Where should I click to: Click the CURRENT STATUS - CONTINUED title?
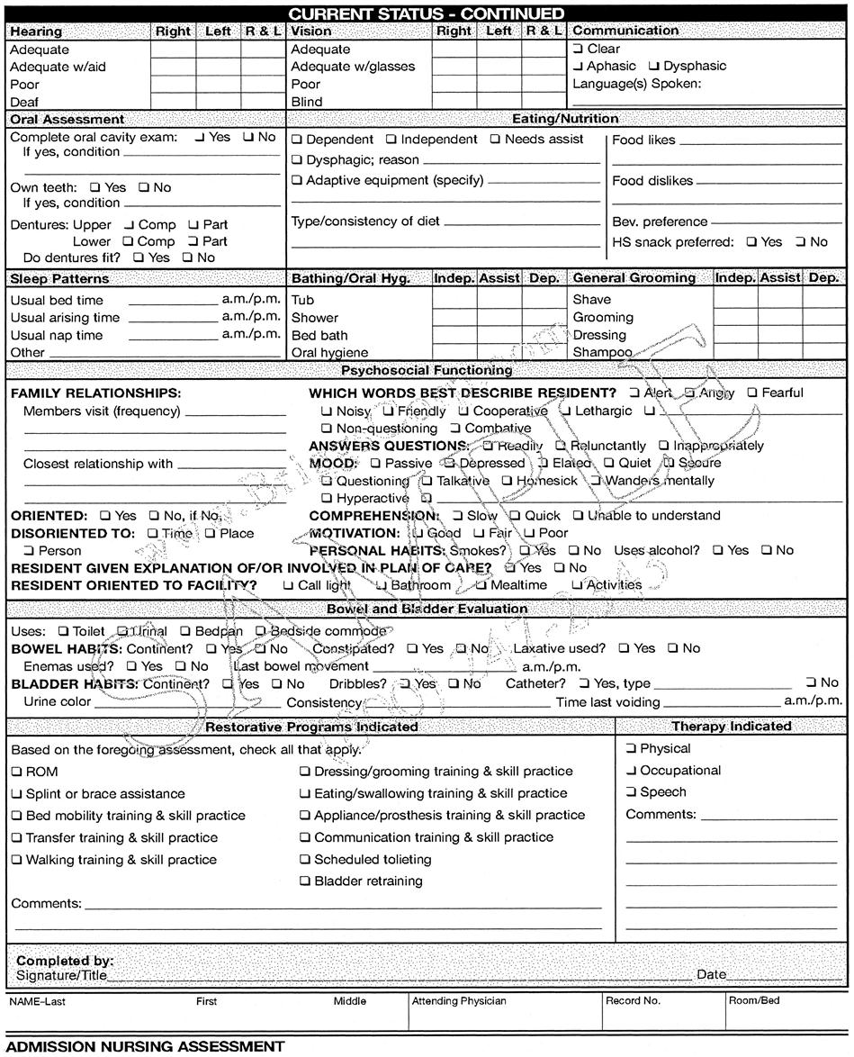tap(427, 13)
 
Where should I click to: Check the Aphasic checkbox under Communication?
tap(578, 66)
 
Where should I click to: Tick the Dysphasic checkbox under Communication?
tap(654, 66)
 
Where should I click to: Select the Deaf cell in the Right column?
tap(173, 102)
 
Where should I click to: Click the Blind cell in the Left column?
tap(499, 102)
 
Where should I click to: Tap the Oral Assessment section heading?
tap(67, 119)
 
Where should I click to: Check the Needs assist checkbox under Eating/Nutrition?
tap(495, 140)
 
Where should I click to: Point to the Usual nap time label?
tap(56, 335)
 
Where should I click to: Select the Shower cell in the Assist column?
tap(499, 317)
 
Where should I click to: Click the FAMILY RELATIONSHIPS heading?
tap(96, 393)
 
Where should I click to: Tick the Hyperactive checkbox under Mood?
tap(328, 498)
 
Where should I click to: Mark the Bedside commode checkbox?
tap(261, 631)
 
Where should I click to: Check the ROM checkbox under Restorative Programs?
tap(17, 772)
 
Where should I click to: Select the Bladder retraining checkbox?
tap(305, 881)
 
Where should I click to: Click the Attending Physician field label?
tap(459, 1000)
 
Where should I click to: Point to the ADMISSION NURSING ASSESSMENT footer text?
tap(145, 1046)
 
